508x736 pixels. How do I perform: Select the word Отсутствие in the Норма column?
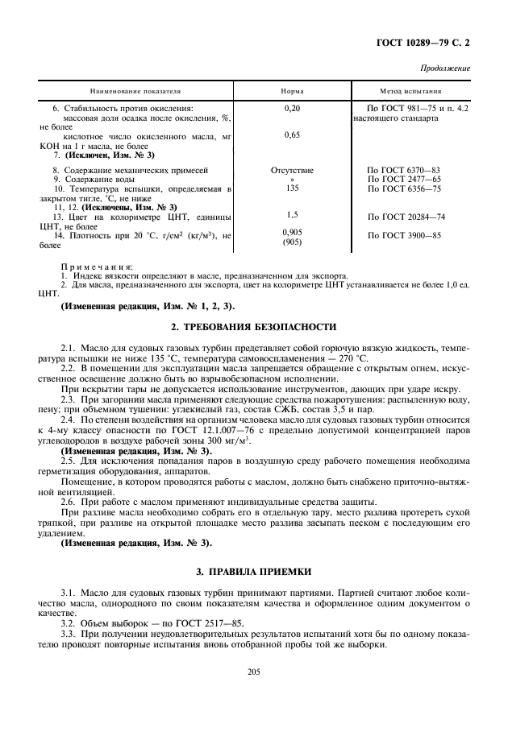292,171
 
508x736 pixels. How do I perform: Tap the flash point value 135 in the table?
292,188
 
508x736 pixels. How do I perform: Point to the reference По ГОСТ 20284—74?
406,217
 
